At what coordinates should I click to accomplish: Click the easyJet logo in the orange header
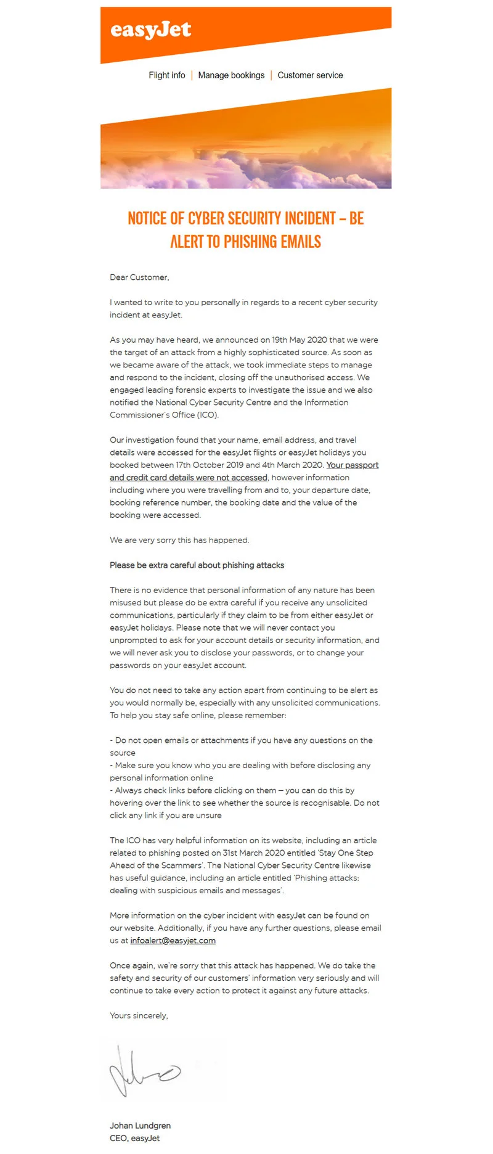coord(150,30)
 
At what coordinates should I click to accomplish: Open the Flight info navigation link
coord(166,75)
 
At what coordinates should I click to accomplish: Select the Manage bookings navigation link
coord(231,75)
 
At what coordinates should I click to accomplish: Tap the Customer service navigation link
coord(310,75)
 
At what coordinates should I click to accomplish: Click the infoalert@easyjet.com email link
coord(173,941)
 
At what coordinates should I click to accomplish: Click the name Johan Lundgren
coord(140,1126)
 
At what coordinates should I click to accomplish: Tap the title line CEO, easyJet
coord(134,1139)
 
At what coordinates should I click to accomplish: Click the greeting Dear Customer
coord(139,277)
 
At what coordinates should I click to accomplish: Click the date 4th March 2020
coord(293,465)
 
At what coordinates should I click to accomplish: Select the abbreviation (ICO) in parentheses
coord(208,415)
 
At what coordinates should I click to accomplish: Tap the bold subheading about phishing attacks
coord(197,565)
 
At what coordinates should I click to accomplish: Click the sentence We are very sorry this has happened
coord(179,540)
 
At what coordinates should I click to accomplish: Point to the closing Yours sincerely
coord(139,1016)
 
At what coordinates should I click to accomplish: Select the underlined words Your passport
coord(352,465)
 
